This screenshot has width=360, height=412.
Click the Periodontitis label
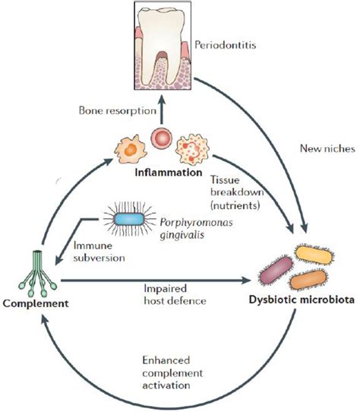coord(226,45)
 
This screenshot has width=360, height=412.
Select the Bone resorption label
coord(118,111)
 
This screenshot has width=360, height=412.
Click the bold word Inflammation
coord(169,173)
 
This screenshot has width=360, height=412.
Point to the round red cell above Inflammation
coord(161,138)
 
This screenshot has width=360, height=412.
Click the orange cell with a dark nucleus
coord(130,150)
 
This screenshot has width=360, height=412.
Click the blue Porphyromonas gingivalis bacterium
coord(129,219)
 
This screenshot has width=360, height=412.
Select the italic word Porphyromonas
coord(197,223)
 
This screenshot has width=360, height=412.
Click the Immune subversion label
coord(99,252)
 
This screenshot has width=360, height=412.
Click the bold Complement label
coord(36,303)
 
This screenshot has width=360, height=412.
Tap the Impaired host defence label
coord(175,294)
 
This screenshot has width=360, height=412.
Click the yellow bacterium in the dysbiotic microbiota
coord(314,255)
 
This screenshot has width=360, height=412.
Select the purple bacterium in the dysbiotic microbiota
coord(276,270)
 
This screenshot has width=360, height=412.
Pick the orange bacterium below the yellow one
coord(308,280)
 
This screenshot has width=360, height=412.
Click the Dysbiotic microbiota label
coord(302,299)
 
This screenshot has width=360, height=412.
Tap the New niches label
coord(327,149)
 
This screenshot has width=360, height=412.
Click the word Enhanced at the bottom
coord(166,360)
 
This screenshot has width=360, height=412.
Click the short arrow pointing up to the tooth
coord(162,109)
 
